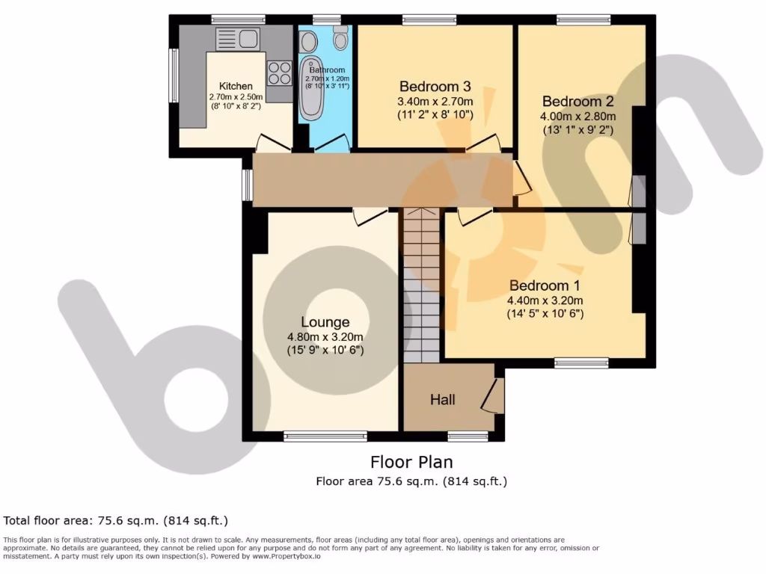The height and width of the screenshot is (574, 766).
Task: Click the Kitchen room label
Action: [x=236, y=86]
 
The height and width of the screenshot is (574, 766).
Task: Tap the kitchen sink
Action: [x=237, y=38]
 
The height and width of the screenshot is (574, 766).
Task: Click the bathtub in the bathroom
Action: [x=310, y=90]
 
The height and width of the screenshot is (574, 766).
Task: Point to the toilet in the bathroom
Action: [x=341, y=37]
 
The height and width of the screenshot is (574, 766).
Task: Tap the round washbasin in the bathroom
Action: [x=307, y=42]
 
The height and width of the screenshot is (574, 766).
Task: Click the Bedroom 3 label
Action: [x=435, y=85]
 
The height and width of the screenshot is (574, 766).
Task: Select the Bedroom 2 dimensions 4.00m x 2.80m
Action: [x=578, y=116]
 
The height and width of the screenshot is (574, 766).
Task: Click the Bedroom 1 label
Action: [x=545, y=286]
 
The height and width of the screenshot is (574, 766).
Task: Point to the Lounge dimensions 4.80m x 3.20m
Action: [x=325, y=336]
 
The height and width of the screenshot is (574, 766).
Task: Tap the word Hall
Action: [x=442, y=400]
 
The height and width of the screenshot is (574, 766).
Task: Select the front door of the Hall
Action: [x=494, y=396]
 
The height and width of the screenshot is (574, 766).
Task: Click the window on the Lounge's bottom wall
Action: [x=325, y=436]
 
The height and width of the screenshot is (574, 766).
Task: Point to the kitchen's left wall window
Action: [x=174, y=75]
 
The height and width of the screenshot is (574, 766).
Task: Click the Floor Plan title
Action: [x=411, y=462]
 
